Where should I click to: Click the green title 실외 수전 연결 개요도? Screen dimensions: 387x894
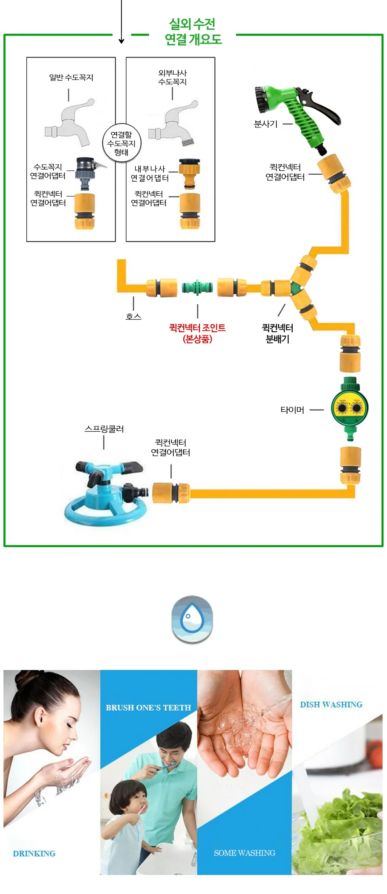pos(193,32)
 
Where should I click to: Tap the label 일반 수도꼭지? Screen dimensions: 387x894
pos(71,77)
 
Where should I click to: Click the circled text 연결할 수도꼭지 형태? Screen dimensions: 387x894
pos(121,143)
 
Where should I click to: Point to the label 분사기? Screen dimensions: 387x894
pos(266,124)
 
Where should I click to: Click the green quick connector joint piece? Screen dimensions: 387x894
pos(197,288)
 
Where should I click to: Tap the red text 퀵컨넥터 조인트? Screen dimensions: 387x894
pos(197,328)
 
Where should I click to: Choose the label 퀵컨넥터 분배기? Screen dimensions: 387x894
pos(277,333)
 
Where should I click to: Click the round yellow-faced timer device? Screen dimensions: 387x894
pos(350,408)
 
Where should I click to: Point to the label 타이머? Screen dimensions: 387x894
pos(292,410)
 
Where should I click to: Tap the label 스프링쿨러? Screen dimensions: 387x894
pos(104,429)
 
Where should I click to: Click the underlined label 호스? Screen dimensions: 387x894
pos(133,316)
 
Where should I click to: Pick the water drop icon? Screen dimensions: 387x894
pos(192,619)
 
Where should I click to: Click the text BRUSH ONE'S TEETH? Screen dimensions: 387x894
pos(148,708)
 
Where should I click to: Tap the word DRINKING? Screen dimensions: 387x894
pos(34,854)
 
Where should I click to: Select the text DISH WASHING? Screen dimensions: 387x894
pos(331,705)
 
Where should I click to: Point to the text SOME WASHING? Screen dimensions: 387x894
pos(245,853)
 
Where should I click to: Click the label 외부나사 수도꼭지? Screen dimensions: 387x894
pos(172,77)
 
